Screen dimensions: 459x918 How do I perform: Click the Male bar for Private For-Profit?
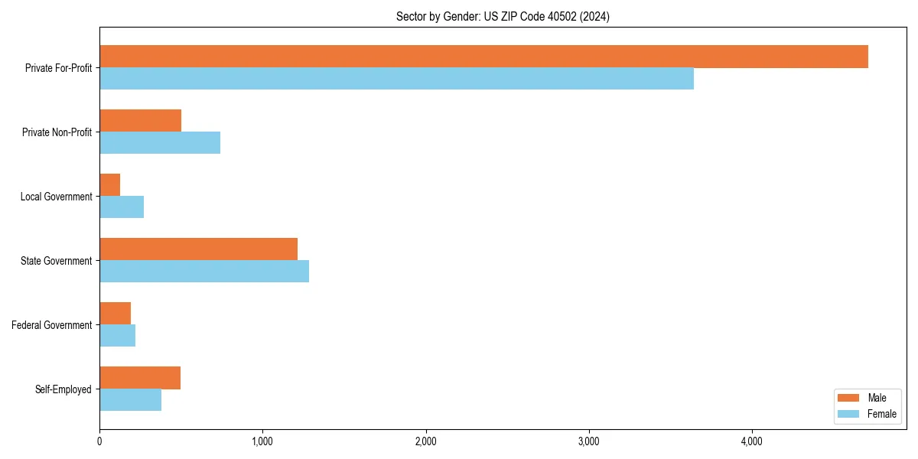tap(483, 57)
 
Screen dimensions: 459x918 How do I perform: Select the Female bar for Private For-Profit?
tap(396, 79)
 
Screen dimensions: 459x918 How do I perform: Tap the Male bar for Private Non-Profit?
tap(140, 121)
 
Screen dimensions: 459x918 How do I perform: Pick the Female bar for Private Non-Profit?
tap(160, 143)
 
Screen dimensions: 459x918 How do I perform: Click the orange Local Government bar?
tap(110, 185)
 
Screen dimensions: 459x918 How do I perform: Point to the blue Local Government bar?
tap(122, 207)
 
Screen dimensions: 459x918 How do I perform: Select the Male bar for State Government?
tap(198, 249)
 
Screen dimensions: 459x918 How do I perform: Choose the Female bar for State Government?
tap(204, 272)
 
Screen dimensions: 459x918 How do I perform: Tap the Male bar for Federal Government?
tap(116, 314)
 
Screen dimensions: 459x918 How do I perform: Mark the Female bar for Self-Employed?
tap(131, 400)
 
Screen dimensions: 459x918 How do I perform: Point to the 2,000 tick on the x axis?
tap(425, 441)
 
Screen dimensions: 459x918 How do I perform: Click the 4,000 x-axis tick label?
tap(752, 441)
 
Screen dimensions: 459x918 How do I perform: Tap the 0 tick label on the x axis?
tap(99, 441)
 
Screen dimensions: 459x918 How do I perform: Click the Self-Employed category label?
tap(63, 389)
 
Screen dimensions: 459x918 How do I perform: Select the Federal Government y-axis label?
tap(52, 325)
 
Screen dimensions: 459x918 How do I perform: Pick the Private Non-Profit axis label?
tap(57, 132)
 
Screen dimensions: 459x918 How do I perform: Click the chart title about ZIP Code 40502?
tap(503, 16)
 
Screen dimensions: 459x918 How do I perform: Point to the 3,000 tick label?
tap(589, 441)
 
